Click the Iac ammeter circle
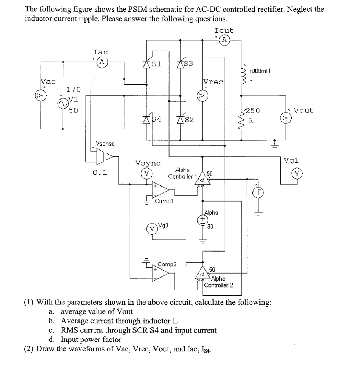point(102,63)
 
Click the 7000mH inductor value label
point(259,71)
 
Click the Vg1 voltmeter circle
point(297,173)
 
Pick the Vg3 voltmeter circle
point(152,228)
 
